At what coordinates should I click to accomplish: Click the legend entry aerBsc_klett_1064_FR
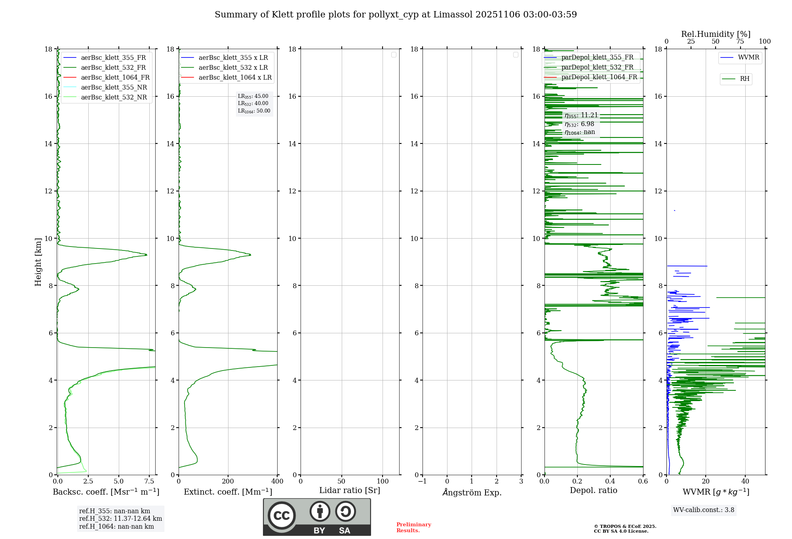point(115,78)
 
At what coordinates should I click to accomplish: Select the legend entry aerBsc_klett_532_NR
point(114,97)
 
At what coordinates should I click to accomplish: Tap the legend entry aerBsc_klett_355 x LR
point(233,58)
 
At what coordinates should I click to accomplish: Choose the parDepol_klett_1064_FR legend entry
point(599,77)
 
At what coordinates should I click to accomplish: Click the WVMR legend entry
point(748,58)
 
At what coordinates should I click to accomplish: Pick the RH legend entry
point(744,79)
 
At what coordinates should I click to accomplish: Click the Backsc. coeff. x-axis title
point(106,492)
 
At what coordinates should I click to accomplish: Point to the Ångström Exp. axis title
point(472,493)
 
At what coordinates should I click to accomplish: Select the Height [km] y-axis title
point(38,262)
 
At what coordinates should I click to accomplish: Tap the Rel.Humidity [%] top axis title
point(716,34)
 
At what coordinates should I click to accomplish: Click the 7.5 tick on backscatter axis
point(149,482)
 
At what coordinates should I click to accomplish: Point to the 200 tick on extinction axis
point(228,482)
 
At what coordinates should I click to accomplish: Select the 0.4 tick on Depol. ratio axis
point(610,482)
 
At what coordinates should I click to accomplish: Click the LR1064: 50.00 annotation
point(254,111)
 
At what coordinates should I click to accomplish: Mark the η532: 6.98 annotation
point(579,124)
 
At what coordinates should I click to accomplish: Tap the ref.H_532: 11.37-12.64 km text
point(120,519)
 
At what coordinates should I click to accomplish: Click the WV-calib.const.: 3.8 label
point(704,510)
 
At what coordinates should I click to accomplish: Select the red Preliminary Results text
point(413,528)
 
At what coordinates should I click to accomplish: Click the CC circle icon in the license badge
point(282,516)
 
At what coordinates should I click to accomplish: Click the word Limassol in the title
point(453,15)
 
